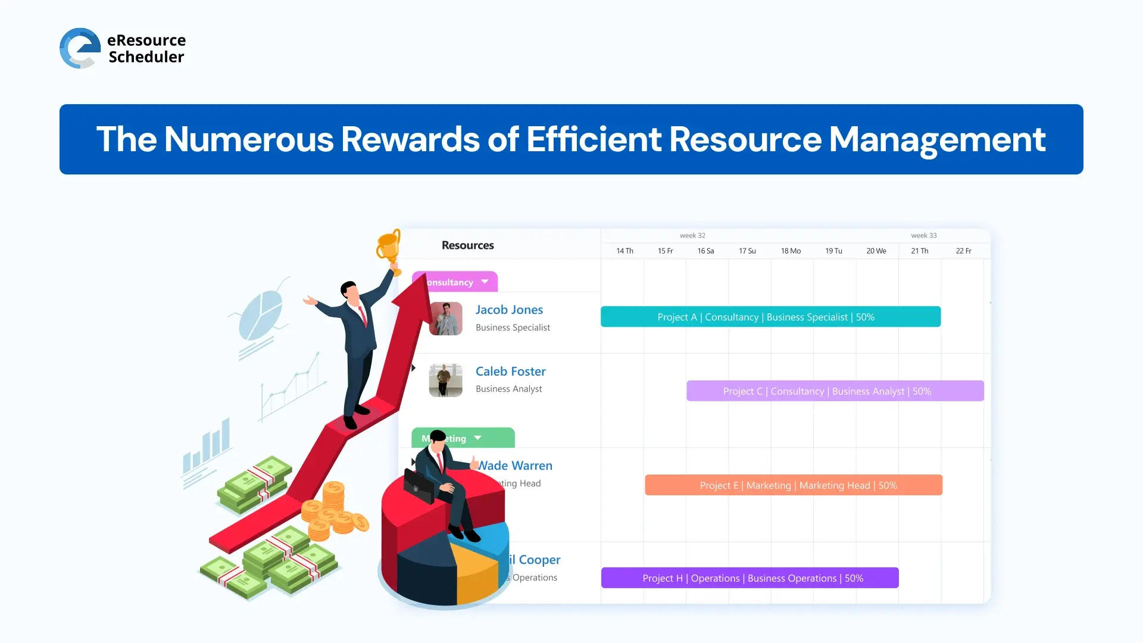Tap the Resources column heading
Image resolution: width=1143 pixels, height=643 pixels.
467,245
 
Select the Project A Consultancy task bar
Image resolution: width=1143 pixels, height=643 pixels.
770,317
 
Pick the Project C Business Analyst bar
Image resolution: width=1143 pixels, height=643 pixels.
835,391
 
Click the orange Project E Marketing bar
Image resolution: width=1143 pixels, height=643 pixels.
793,485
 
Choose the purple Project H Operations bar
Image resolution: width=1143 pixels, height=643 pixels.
749,578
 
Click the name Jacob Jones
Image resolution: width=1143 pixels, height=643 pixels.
509,310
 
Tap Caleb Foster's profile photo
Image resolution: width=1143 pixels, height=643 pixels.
445,380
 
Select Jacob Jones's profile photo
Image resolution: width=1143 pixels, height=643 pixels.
445,319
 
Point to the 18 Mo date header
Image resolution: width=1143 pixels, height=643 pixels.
791,251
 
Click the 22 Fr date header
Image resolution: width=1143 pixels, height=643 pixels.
963,251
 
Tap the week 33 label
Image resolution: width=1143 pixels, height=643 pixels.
923,236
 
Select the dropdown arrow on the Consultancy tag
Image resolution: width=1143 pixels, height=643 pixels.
485,282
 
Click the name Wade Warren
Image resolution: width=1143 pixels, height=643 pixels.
516,466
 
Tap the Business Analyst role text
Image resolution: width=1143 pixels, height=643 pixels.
508,389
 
